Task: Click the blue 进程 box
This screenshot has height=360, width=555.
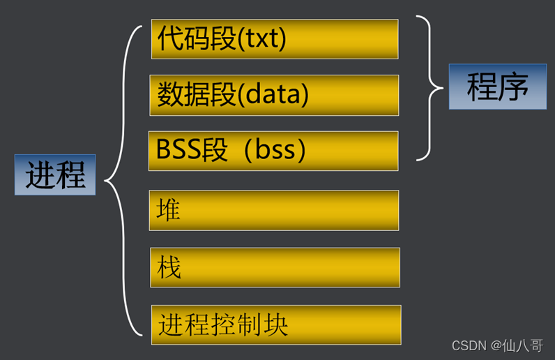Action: [x=55, y=175]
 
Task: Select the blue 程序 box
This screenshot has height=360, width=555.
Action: [x=497, y=87]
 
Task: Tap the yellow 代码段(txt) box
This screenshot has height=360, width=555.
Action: [x=275, y=39]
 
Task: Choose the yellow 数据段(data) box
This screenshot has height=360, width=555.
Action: [x=274, y=95]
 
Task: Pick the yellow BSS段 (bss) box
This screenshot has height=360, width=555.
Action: [x=273, y=151]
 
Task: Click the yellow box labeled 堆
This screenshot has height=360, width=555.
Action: [x=274, y=210]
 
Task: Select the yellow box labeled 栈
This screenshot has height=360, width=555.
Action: [x=275, y=267]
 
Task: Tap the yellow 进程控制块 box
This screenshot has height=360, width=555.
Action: [x=276, y=324]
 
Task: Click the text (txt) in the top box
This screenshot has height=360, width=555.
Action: [x=262, y=39]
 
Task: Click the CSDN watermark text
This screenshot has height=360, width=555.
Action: [x=469, y=345]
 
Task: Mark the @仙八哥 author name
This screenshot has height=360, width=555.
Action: [x=517, y=345]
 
